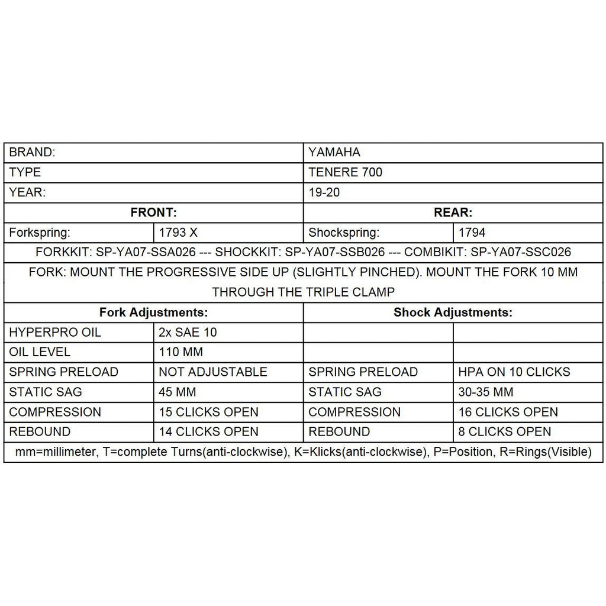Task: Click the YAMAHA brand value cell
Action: tap(334, 152)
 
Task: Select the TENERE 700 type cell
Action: tap(346, 172)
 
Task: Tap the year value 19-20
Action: tap(324, 192)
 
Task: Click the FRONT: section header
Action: tap(153, 212)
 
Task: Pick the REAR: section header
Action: tap(453, 212)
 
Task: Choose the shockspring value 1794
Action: tap(472, 233)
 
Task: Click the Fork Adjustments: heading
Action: tap(153, 312)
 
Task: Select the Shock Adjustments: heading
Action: tap(453, 312)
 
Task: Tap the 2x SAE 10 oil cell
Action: tap(188, 333)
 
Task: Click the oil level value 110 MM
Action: tap(181, 352)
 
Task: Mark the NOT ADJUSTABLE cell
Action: tap(213, 372)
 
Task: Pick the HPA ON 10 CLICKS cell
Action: tap(514, 372)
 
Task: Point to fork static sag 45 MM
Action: tap(178, 392)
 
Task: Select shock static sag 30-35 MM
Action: tap(486, 392)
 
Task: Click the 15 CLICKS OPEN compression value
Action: tap(208, 412)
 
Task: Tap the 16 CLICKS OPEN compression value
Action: tap(508, 412)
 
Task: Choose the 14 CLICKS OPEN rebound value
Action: tap(208, 432)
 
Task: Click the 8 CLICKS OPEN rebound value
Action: tap(504, 432)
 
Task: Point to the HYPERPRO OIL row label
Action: tap(55, 333)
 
